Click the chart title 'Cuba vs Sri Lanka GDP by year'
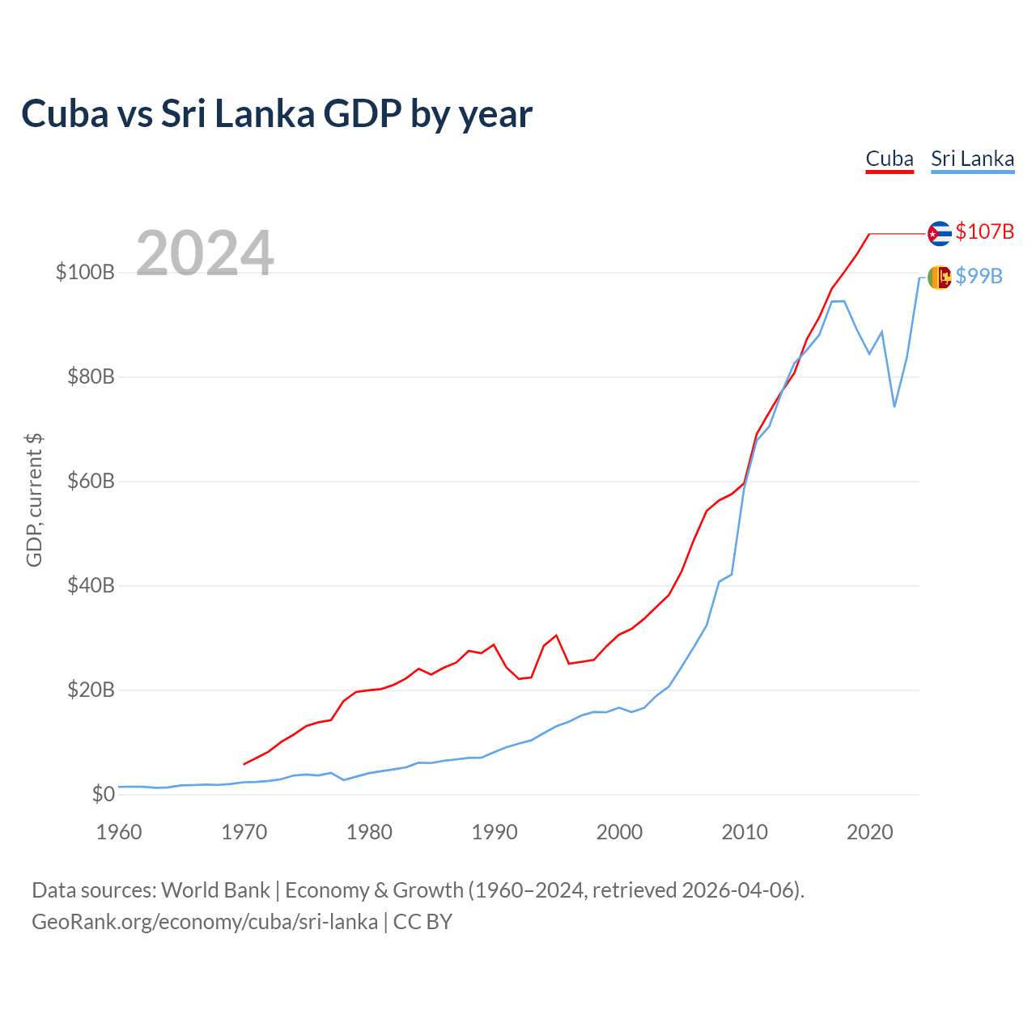coord(277,114)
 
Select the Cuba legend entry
coord(890,159)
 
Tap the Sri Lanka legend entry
coord(972,159)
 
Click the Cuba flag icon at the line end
coord(939,233)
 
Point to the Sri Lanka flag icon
coord(939,278)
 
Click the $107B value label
coord(984,231)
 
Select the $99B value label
coord(979,276)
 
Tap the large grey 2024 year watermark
coord(205,253)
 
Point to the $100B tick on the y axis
coord(85,272)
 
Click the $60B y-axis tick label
coord(91,481)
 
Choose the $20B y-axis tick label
coord(91,690)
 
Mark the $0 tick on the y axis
coord(103,794)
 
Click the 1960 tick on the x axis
coord(119,832)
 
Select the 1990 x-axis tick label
coord(495,832)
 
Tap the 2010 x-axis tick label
coord(745,832)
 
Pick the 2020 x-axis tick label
coord(869,832)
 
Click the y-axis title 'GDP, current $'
coord(34,500)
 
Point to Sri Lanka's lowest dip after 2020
coord(894,405)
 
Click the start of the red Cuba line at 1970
coord(244,763)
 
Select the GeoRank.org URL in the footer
coord(205,922)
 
